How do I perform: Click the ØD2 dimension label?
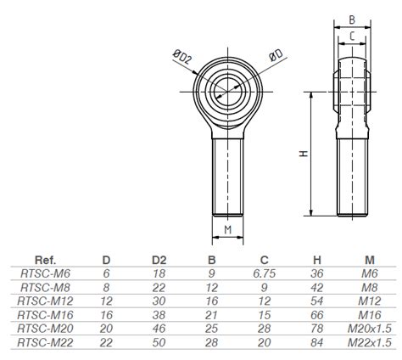(182, 57)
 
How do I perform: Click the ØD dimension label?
(276, 55)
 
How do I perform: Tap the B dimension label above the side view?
(352, 20)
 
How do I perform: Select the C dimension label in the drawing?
(352, 37)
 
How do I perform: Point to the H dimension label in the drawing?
(304, 154)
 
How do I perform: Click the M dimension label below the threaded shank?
(228, 229)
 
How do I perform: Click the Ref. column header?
(45, 260)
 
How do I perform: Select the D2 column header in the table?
(159, 260)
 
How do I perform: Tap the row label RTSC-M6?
(45, 273)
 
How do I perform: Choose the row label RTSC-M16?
(45, 315)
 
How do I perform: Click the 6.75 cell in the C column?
(265, 273)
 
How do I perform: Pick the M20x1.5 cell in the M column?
(370, 329)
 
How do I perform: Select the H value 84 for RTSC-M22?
(316, 342)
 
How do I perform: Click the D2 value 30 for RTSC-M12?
(159, 301)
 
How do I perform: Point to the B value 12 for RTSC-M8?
(212, 288)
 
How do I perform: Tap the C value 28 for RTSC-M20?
(265, 329)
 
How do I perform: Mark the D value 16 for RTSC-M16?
(106, 315)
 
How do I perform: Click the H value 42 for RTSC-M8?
(316, 288)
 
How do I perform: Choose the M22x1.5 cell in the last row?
(370, 342)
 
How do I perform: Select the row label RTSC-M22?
(45, 342)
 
